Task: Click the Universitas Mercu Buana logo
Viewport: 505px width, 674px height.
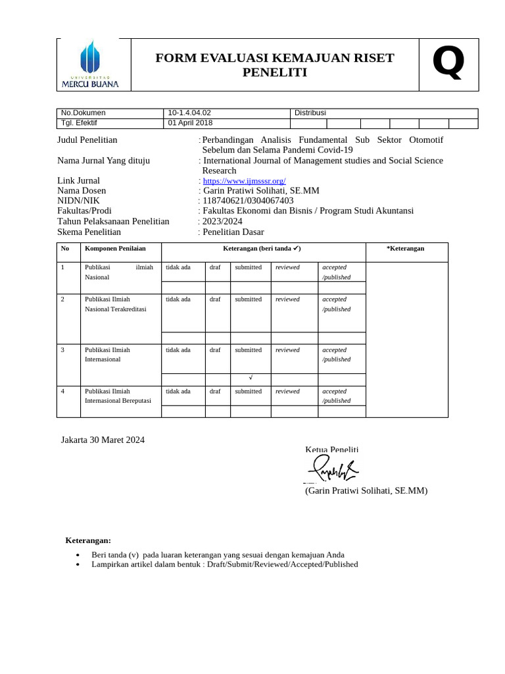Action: tap(90, 65)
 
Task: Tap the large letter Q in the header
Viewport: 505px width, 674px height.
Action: tap(448, 63)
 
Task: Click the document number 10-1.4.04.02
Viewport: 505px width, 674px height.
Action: tap(189, 113)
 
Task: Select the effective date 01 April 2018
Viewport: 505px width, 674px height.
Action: tap(191, 123)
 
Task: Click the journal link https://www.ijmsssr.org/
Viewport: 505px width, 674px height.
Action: tap(244, 181)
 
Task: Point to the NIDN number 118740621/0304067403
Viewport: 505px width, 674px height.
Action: tap(248, 201)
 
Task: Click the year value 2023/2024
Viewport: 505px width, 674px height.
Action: tap(222, 221)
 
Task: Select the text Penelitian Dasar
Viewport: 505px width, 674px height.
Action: tap(233, 232)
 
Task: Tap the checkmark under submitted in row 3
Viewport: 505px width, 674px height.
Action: tap(251, 378)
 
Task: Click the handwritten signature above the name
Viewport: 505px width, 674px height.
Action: tap(332, 469)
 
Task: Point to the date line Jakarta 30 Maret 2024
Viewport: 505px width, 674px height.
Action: tap(103, 440)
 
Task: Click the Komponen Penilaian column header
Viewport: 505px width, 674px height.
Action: tap(115, 249)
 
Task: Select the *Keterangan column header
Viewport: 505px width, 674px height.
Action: tap(406, 249)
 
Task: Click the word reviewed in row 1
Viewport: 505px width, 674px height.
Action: tap(287, 267)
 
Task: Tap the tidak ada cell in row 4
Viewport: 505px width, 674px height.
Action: tap(178, 391)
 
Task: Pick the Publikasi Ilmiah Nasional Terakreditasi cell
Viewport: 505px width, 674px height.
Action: tap(116, 304)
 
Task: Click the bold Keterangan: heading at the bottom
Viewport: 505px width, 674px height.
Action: tap(88, 540)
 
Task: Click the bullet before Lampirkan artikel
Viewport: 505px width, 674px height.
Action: tap(79, 565)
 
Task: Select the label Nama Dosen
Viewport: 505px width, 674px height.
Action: tap(82, 191)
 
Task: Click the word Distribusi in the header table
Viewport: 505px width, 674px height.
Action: tap(310, 113)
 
